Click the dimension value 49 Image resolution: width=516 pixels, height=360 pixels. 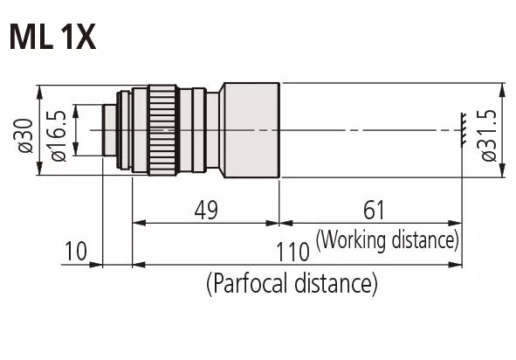tap(205, 210)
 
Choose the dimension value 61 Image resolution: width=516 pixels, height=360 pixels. tap(373, 210)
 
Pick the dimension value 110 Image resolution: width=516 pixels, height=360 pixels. tap(292, 253)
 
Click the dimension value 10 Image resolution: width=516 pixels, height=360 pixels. tap(76, 253)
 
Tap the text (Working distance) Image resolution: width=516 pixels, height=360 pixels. tap(387, 239)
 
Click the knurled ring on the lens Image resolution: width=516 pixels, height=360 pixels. tap(163, 130)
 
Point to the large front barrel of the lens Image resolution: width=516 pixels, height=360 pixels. tap(251, 130)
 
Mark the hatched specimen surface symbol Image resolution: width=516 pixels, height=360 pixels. tap(462, 130)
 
